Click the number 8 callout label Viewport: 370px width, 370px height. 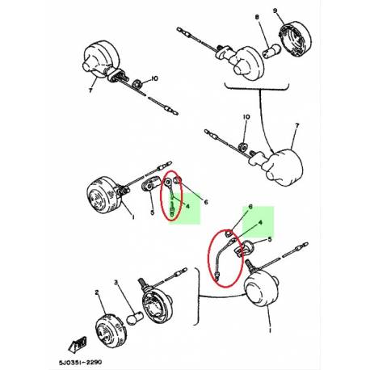click(257, 16)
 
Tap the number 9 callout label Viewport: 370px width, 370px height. click(297, 12)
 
